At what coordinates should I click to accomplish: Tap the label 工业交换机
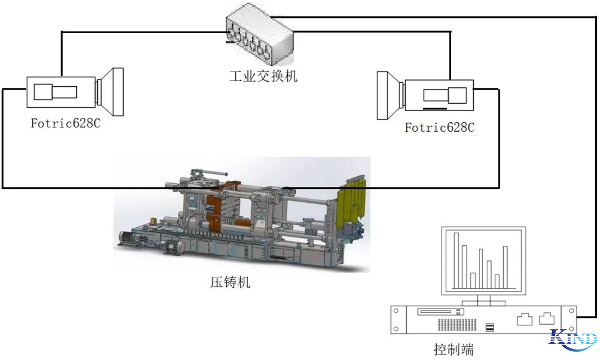click(263, 76)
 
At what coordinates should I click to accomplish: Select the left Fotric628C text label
click(65, 124)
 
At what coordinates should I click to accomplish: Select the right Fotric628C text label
click(439, 127)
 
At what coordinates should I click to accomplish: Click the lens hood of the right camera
click(388, 95)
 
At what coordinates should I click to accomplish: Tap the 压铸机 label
click(230, 282)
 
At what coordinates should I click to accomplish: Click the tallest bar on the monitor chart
click(456, 260)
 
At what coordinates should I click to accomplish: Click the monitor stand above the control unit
click(484, 300)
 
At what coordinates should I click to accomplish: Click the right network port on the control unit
click(547, 319)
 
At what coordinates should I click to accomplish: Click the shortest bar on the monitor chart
click(497, 281)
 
